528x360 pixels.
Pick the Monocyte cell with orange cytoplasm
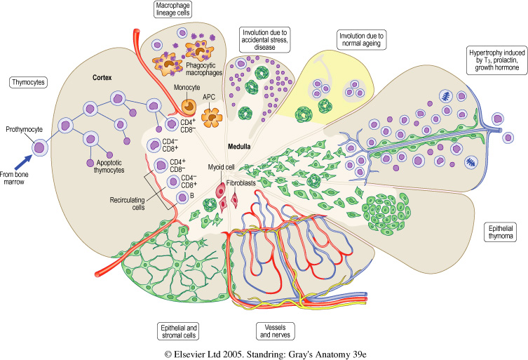click(x=189, y=106)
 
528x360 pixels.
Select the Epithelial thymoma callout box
click(x=503, y=232)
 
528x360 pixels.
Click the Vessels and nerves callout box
click(x=272, y=331)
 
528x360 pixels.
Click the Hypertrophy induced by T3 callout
click(x=495, y=65)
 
